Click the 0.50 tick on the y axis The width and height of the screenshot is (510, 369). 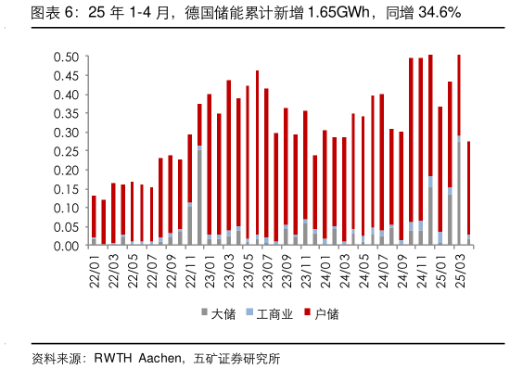(65, 57)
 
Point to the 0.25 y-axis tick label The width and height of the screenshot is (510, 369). (65, 151)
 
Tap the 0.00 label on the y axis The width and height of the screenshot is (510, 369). (65, 246)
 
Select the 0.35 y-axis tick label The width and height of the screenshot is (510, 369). (65, 113)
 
